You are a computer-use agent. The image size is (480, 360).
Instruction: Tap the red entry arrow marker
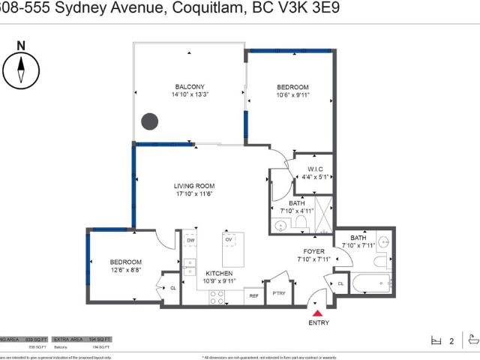[x=318, y=313]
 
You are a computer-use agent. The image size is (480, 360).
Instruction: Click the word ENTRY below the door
[x=319, y=322]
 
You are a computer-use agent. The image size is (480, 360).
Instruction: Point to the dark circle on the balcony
[x=150, y=121]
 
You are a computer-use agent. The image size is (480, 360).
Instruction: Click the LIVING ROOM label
[x=194, y=186]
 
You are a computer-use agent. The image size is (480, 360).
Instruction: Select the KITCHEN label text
[x=219, y=273]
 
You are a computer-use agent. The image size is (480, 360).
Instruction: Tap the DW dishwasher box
[x=191, y=240]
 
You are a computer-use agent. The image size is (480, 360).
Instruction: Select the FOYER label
[x=313, y=251]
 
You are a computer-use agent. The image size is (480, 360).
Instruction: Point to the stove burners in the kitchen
[x=218, y=297]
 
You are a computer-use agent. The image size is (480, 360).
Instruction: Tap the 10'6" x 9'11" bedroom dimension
[x=292, y=96]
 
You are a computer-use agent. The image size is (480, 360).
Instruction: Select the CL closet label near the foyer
[x=340, y=283]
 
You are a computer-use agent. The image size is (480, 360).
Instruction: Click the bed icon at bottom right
[x=438, y=340]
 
